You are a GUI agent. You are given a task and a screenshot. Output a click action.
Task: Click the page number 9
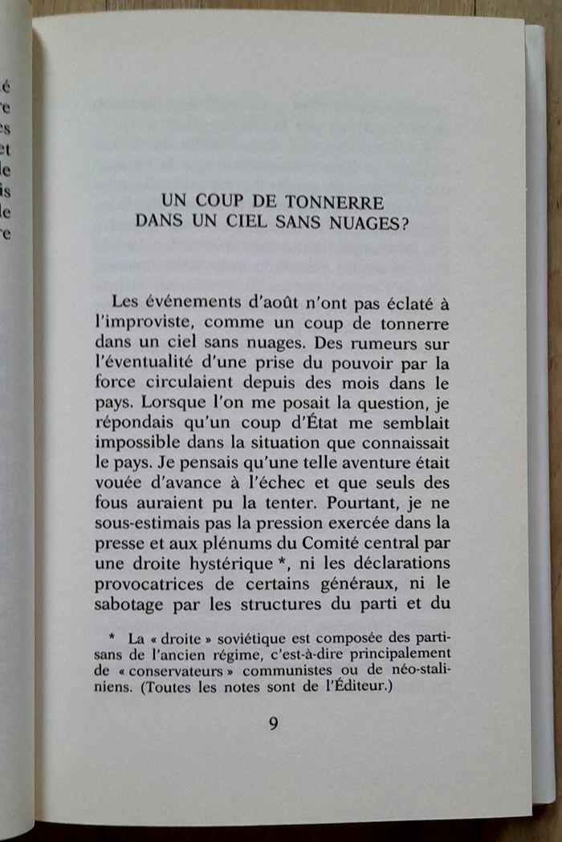pyautogui.click(x=273, y=723)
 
